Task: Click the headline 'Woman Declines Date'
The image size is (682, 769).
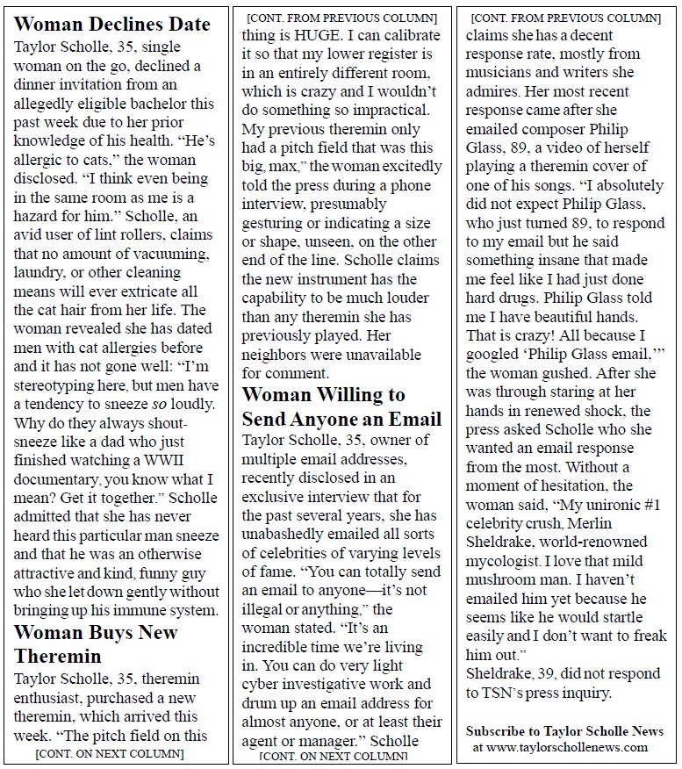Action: tap(112, 24)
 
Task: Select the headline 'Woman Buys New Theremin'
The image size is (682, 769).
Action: tap(96, 643)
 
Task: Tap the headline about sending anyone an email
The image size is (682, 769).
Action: tap(341, 406)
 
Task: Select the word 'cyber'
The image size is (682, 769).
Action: tap(262, 684)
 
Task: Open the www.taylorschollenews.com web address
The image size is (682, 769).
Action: tap(572, 748)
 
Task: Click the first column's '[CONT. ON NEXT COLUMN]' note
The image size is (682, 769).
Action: tap(110, 753)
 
